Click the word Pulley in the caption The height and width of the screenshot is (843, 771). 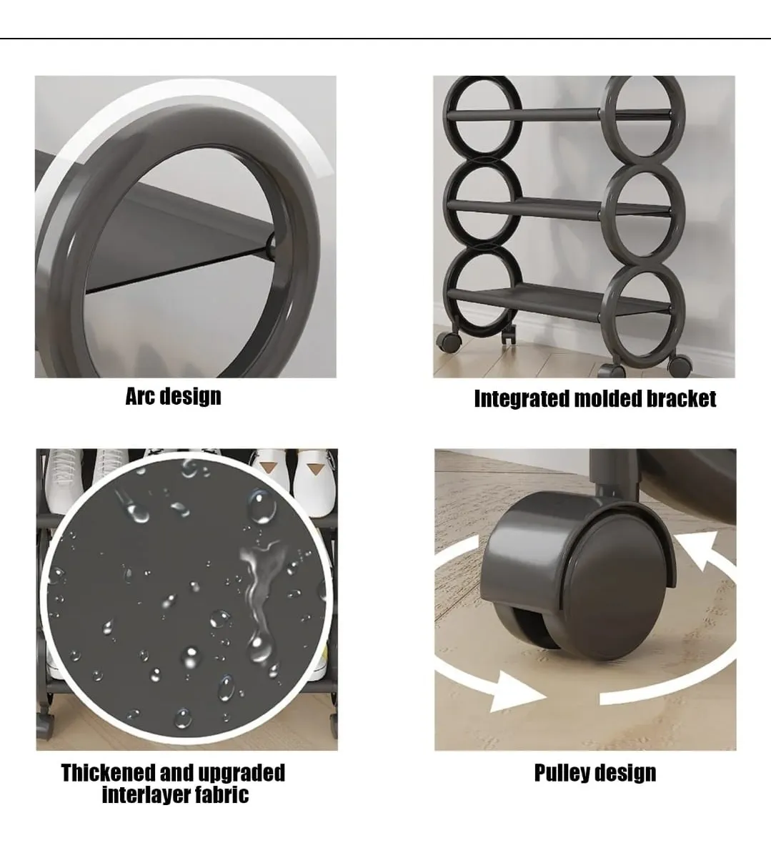coord(561,774)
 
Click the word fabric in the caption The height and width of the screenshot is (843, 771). coord(222,794)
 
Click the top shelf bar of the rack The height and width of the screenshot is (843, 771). coord(559,115)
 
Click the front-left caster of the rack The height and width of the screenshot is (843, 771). coord(449,342)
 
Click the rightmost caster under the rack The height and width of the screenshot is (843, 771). coord(680,365)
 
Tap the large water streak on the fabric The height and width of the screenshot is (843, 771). coord(261,597)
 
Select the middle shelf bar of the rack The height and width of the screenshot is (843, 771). coord(559,207)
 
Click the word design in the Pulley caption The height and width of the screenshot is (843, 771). coord(625,774)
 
